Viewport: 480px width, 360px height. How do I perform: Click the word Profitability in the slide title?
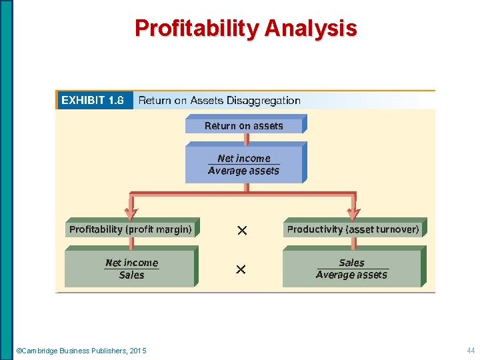coord(197,28)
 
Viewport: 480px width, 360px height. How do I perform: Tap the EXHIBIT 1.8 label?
coord(93,101)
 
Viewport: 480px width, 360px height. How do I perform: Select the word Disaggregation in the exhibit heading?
coord(263,101)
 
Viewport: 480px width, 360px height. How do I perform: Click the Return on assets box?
coord(244,125)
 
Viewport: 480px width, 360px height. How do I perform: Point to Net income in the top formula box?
coord(244,158)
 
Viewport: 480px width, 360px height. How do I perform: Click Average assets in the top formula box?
coord(244,171)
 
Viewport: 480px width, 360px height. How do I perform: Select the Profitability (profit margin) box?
coord(131,229)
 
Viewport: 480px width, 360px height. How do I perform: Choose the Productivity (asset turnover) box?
coord(353,229)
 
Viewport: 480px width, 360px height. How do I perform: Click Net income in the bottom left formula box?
coord(132,263)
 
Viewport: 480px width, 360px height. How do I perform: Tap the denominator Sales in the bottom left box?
coord(131,275)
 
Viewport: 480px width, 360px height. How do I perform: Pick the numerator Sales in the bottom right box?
coord(351,263)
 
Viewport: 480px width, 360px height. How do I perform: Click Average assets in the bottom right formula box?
coord(351,275)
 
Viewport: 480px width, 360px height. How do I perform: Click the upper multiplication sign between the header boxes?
coord(242,230)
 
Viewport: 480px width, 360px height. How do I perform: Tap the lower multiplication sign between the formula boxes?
coord(241,269)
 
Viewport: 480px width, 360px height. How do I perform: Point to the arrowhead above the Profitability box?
coord(131,214)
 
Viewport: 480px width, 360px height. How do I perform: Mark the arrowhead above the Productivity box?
coord(353,214)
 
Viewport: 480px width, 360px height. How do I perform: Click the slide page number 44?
coord(471,351)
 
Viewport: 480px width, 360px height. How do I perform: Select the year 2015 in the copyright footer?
coord(138,351)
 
